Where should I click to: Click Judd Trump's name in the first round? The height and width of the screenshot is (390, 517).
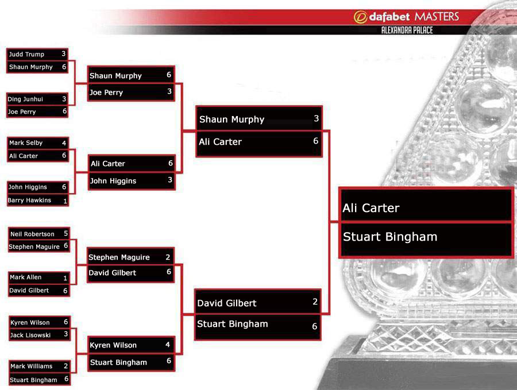(x=26, y=55)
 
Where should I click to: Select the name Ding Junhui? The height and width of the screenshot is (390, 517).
(x=25, y=99)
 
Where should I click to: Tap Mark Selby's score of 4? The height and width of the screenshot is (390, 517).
(x=64, y=143)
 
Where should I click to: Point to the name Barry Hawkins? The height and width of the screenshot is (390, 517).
(x=29, y=200)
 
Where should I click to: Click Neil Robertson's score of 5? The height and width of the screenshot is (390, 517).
(x=65, y=233)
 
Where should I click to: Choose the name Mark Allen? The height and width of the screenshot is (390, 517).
(x=26, y=277)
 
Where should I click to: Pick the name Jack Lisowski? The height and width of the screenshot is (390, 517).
(x=30, y=335)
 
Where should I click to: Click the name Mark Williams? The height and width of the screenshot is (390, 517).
(x=32, y=366)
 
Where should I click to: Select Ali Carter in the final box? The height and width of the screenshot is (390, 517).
(x=371, y=208)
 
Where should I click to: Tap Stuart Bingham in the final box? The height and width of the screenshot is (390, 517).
(x=390, y=237)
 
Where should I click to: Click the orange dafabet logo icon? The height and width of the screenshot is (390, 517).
(x=360, y=17)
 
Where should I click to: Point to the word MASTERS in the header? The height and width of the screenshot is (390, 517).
(x=437, y=17)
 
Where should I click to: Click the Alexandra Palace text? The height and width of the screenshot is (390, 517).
(x=407, y=30)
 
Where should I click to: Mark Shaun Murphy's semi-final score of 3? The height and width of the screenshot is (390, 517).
(x=316, y=118)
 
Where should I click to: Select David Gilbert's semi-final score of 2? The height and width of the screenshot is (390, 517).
(x=315, y=302)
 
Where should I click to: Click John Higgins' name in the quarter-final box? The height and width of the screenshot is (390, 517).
(x=113, y=181)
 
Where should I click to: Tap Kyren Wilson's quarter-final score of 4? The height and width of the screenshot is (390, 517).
(x=168, y=345)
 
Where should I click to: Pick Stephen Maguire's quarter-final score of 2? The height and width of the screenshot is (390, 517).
(x=168, y=257)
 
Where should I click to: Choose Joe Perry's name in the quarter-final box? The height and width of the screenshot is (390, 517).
(x=106, y=92)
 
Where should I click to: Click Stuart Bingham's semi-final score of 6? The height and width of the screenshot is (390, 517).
(x=315, y=326)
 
